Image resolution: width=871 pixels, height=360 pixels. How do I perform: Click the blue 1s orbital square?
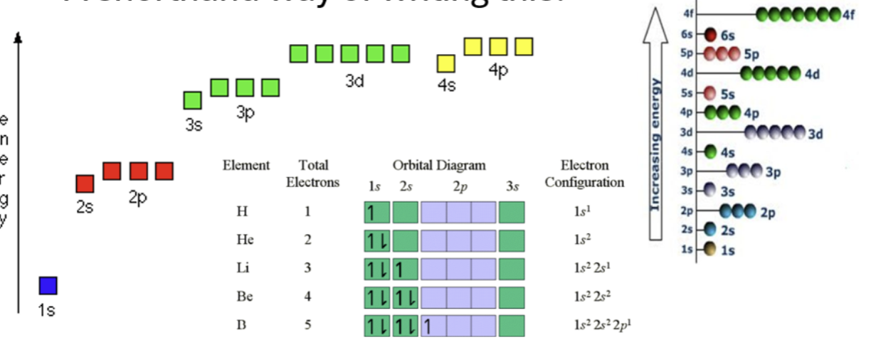(x=48, y=285)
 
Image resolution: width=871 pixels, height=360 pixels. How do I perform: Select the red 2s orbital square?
(x=85, y=184)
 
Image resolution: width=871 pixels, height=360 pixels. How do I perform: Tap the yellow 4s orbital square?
(x=446, y=64)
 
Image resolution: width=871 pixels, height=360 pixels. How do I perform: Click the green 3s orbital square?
(x=192, y=100)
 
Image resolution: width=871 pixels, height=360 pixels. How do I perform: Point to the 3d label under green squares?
(x=354, y=82)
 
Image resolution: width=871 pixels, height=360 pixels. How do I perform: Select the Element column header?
(x=246, y=166)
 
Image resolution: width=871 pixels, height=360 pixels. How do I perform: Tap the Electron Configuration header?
(x=584, y=174)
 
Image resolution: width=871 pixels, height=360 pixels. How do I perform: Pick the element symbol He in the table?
(x=245, y=240)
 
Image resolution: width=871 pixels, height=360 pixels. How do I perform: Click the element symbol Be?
(x=245, y=297)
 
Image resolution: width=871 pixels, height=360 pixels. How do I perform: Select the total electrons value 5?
(x=307, y=325)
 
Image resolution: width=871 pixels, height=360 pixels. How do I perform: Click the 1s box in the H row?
(x=376, y=212)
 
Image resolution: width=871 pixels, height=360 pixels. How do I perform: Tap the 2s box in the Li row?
(x=405, y=269)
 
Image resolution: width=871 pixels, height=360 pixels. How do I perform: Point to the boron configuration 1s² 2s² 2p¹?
(x=602, y=326)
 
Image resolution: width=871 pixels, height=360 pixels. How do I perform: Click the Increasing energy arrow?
(x=658, y=125)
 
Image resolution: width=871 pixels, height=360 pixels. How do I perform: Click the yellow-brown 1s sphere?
(x=710, y=249)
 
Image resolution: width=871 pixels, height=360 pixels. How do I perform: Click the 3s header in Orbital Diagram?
(x=512, y=187)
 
